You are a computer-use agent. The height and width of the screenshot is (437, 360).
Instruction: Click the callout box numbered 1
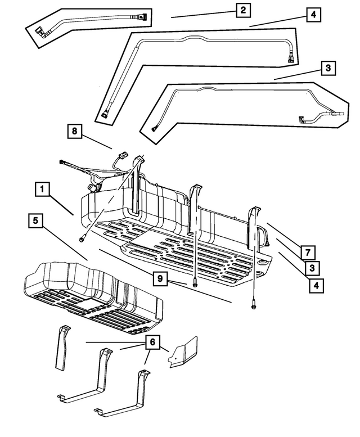43,190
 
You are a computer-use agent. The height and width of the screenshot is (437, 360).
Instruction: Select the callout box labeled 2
242,11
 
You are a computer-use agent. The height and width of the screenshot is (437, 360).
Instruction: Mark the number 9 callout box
160,278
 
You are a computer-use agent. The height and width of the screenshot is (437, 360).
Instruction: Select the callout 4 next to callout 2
314,15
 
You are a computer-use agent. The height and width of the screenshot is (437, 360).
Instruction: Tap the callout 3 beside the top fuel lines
328,69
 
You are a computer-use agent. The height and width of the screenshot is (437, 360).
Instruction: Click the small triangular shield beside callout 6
184,354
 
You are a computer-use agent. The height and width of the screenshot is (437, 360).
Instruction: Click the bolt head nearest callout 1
83,239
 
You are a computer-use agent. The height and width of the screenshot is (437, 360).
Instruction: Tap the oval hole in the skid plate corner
262,263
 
